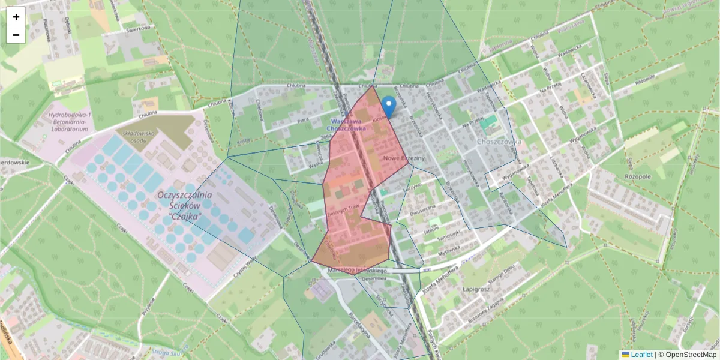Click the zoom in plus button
pyautogui.click(x=16, y=17)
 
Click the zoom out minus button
pyautogui.click(x=16, y=35)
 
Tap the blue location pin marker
pyautogui.click(x=389, y=106)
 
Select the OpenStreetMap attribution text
pyautogui.click(x=687, y=355)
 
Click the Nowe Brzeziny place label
pyautogui.click(x=404, y=157)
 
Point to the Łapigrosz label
pyautogui.click(x=478, y=288)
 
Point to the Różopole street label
pyautogui.click(x=644, y=80)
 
